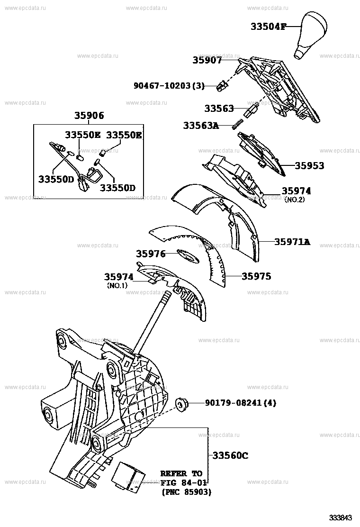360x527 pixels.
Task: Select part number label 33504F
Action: point(268,27)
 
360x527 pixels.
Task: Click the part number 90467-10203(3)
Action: point(169,86)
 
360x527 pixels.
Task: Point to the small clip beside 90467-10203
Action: point(221,86)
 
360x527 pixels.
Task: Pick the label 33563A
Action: point(201,126)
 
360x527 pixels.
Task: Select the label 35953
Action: point(309,166)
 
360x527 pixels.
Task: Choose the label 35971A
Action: point(292,242)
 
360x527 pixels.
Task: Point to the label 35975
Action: point(256,276)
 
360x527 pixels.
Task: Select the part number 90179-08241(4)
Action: point(240,403)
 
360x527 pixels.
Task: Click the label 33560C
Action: point(230,455)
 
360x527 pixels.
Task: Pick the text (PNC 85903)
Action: point(186,492)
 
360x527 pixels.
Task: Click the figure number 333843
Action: point(342,517)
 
